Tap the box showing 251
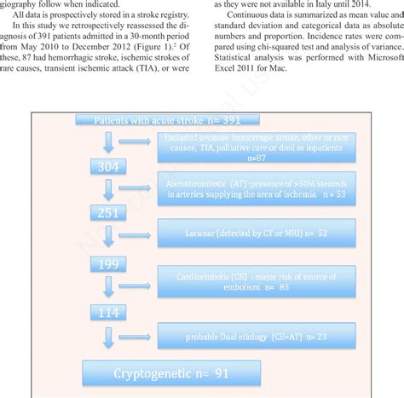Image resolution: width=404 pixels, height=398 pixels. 108,213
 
